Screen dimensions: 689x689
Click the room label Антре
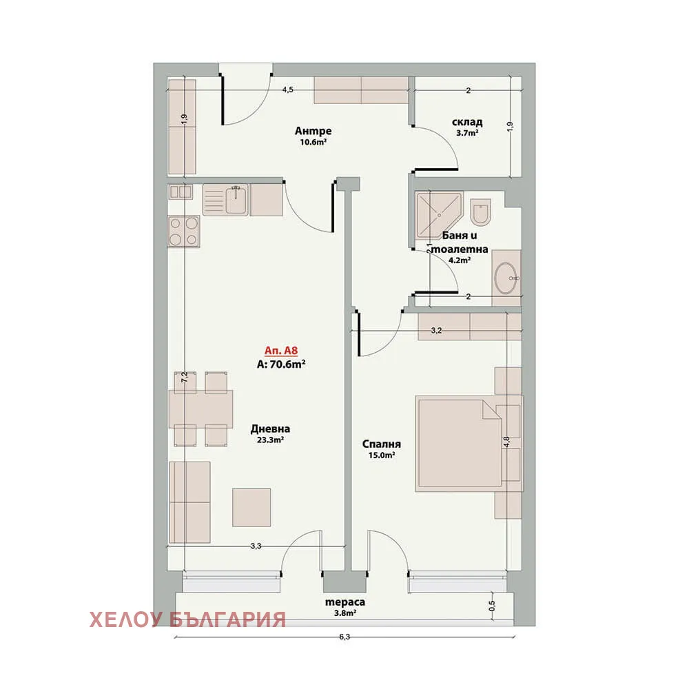(x=313, y=131)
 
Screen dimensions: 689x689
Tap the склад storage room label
(x=467, y=122)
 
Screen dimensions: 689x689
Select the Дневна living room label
(x=270, y=429)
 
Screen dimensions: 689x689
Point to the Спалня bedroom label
(x=382, y=444)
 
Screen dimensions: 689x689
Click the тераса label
(x=345, y=602)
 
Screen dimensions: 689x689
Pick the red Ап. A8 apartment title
(x=281, y=350)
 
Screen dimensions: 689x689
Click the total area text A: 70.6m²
(x=281, y=364)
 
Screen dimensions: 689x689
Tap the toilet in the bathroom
(x=480, y=212)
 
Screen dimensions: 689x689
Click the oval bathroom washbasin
(x=506, y=278)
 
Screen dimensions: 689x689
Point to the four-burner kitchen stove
(x=184, y=231)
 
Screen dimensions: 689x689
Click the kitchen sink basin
(x=236, y=200)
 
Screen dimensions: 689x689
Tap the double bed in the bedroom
(x=458, y=443)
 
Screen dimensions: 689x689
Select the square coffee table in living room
(x=251, y=507)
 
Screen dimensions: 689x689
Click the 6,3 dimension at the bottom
(x=344, y=637)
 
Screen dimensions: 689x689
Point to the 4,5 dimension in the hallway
(x=287, y=90)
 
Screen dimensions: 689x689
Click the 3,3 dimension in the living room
(x=256, y=546)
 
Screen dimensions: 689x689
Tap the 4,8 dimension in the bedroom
(x=506, y=442)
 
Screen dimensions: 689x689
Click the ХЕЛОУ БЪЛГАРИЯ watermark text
(x=187, y=620)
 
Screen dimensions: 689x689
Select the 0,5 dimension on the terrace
(x=492, y=606)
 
